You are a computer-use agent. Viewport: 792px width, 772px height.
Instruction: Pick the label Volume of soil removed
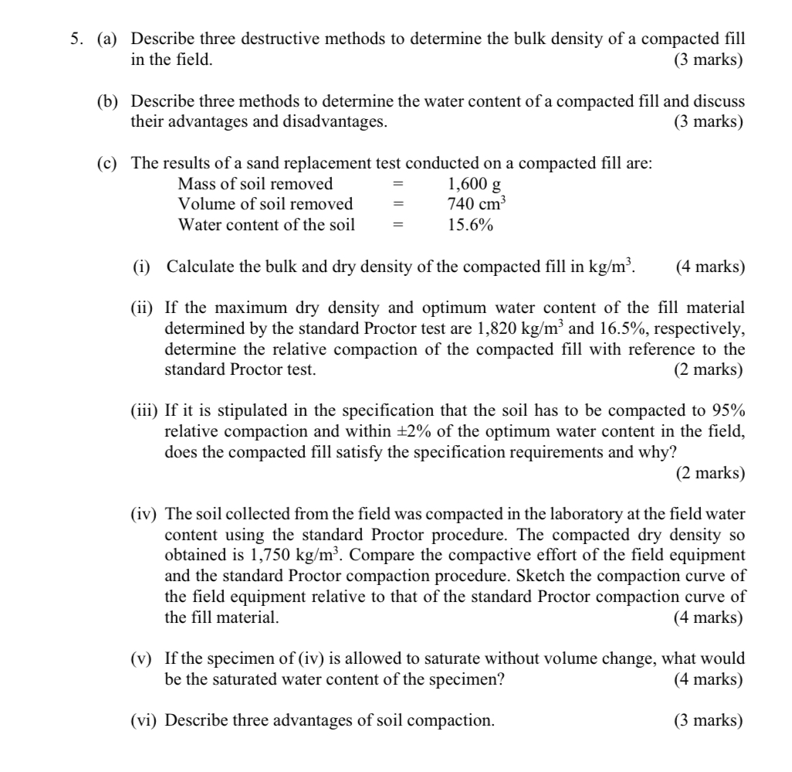[266, 204]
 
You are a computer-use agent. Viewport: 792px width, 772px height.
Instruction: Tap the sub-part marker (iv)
[143, 514]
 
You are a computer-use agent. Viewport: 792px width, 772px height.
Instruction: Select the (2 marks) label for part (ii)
[708, 369]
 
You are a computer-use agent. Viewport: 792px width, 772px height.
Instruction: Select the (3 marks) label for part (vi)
[708, 720]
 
